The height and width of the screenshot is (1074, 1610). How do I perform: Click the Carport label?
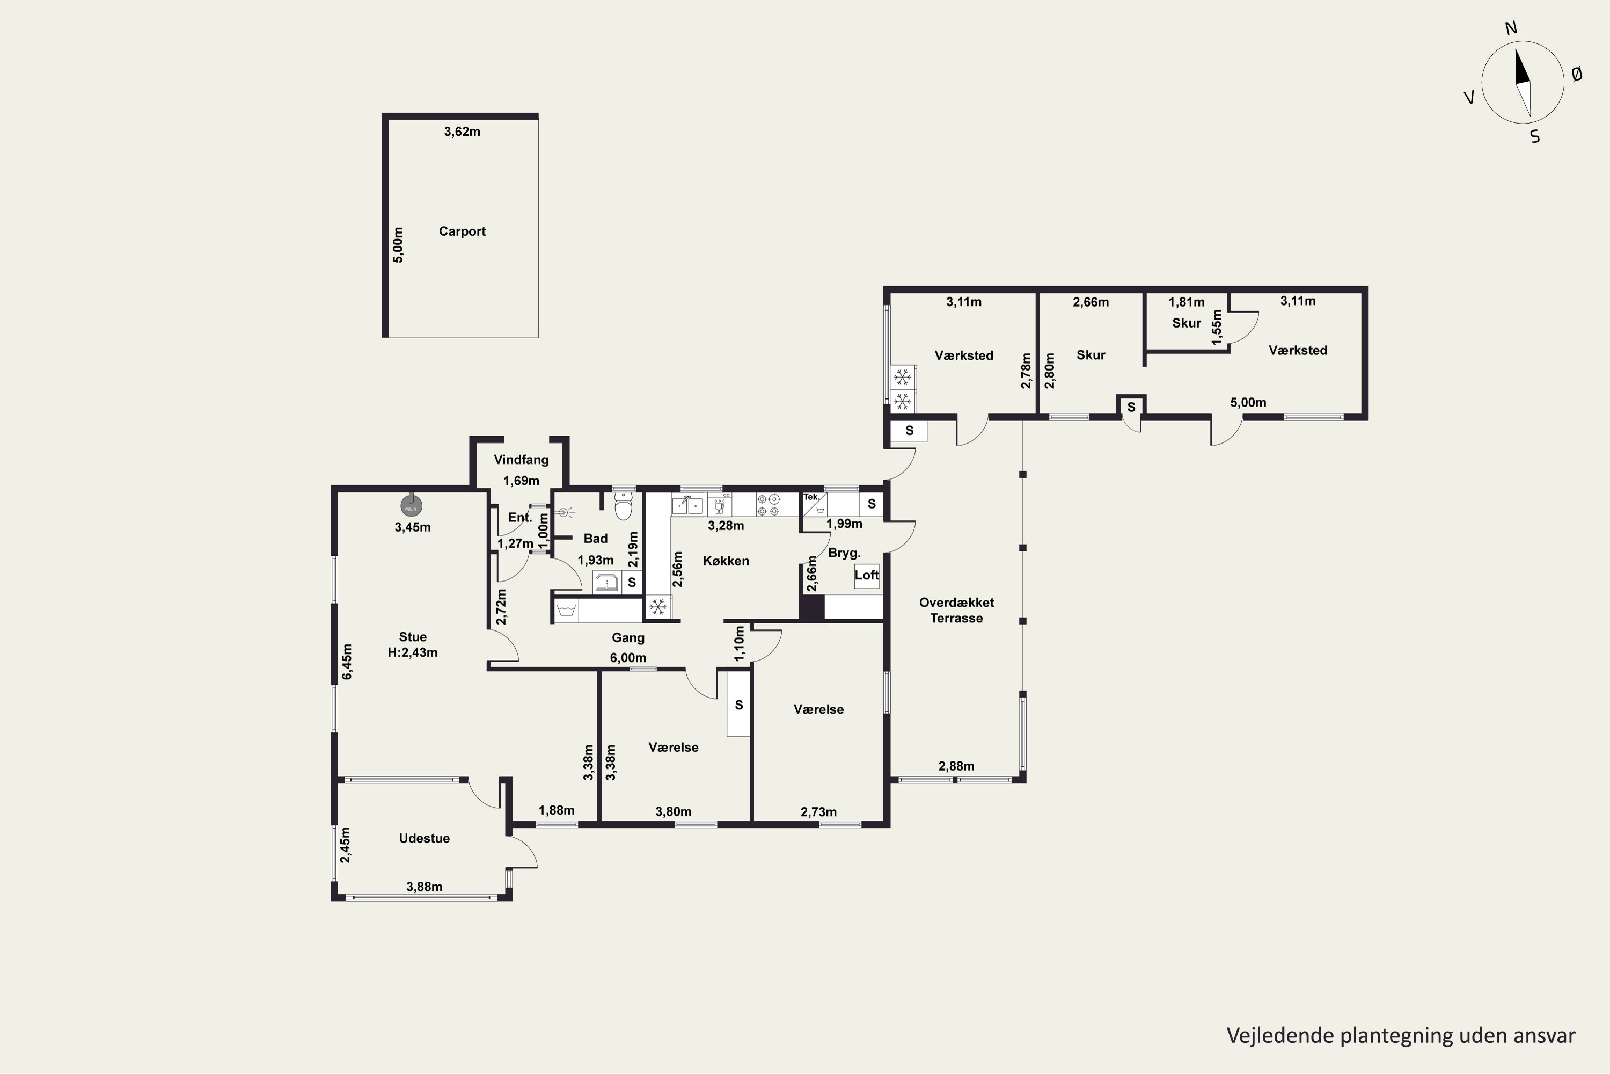[462, 231]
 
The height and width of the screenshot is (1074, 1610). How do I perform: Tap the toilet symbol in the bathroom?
[623, 506]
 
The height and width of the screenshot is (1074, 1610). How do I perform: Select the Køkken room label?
[726, 561]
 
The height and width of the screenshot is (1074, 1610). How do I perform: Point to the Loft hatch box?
[867, 575]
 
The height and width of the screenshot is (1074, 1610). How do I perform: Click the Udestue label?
[425, 838]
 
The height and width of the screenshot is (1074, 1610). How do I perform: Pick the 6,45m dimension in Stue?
[347, 662]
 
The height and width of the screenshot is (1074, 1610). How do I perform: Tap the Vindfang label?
[521, 460]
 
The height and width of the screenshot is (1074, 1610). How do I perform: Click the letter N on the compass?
[1511, 28]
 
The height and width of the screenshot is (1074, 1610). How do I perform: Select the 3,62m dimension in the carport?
[462, 132]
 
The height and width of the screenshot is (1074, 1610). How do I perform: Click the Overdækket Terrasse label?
[956, 610]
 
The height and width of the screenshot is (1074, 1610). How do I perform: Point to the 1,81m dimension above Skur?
[1186, 302]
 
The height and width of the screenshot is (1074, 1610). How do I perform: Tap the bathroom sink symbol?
[606, 583]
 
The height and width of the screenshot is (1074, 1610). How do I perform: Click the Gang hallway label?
[628, 638]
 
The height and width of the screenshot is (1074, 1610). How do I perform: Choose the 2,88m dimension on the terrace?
[956, 766]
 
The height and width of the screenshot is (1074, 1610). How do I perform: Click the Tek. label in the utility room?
[811, 497]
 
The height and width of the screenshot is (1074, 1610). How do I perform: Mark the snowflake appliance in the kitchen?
[658, 607]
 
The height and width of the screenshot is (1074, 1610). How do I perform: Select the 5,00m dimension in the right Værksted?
[1248, 403]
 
